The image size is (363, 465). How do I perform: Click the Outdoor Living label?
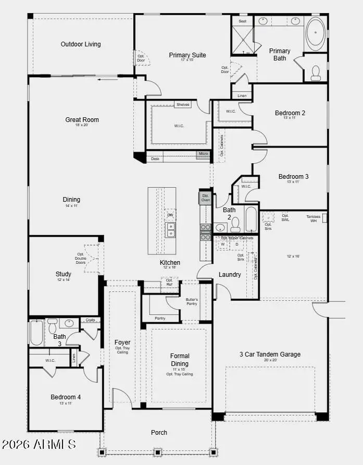[x=81, y=44]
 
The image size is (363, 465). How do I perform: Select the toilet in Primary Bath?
[x=316, y=73]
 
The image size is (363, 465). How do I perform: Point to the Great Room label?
[x=82, y=120]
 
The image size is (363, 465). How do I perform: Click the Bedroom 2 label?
[x=291, y=113]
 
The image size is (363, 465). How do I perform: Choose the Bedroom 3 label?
[x=293, y=177]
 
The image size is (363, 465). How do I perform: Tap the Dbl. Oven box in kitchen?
[x=205, y=198]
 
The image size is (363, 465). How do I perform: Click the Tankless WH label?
[x=314, y=218]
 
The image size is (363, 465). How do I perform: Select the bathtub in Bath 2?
[x=251, y=219]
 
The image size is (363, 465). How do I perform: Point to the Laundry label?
[x=229, y=275]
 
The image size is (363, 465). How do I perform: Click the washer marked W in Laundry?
[x=222, y=244]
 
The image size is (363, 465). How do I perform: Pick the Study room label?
[x=64, y=274]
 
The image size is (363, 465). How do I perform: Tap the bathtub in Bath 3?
[x=36, y=332]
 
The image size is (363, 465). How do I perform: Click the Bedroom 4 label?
[x=66, y=397]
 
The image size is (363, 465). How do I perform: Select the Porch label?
[x=159, y=433]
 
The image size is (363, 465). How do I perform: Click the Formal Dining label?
[x=180, y=360]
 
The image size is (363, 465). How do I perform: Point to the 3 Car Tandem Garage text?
[x=270, y=354]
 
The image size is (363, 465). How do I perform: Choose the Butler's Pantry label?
[x=192, y=301]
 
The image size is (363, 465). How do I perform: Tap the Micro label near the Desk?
[x=203, y=154]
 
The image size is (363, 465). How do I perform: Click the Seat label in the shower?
[x=242, y=21]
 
